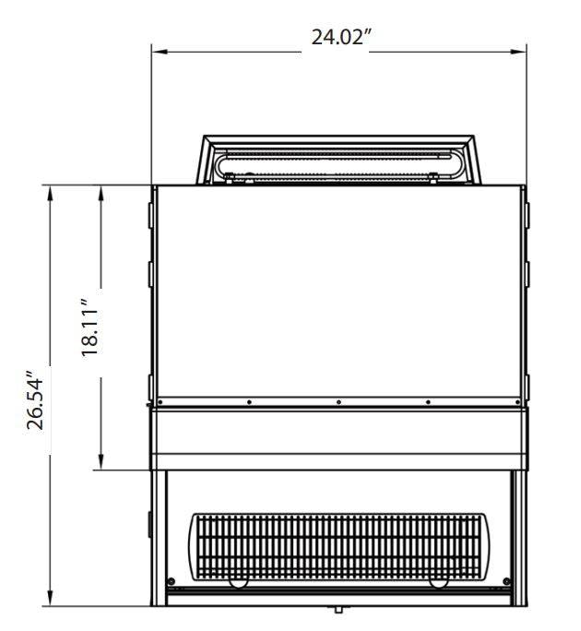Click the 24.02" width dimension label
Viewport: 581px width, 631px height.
coord(340,38)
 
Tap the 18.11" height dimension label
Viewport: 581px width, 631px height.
coord(89,327)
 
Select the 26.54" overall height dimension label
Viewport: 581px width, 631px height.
coord(35,400)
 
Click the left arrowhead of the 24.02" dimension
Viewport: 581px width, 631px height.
coord(160,52)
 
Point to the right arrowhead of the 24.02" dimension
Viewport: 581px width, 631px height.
coord(518,52)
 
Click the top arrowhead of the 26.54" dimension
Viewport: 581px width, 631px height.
coord(50,194)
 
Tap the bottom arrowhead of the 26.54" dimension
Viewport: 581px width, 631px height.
coord(50,597)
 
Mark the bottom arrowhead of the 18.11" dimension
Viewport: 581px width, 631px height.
coord(101,461)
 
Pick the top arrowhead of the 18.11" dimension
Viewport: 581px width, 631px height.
coord(101,194)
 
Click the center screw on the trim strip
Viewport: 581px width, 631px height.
coord(338,402)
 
